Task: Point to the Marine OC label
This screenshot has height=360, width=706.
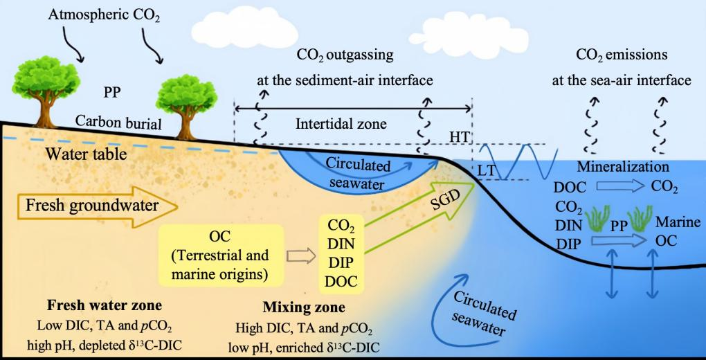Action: pyautogui.click(x=669, y=232)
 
